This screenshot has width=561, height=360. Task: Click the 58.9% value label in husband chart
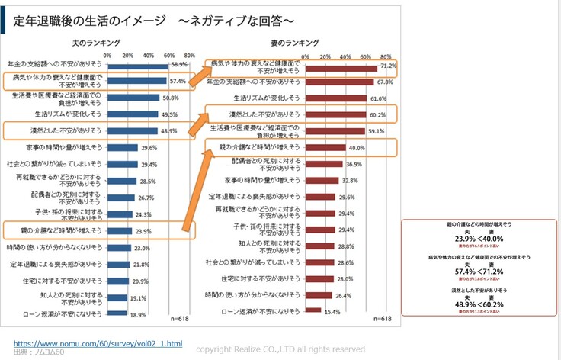(179, 65)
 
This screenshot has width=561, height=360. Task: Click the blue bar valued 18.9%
(117, 313)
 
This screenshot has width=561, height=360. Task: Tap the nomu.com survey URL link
(98, 343)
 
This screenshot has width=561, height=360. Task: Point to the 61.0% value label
(379, 98)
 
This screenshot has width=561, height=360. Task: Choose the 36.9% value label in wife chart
(354, 164)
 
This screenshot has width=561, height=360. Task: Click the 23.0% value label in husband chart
(142, 248)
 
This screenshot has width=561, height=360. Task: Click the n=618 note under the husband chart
(179, 319)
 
